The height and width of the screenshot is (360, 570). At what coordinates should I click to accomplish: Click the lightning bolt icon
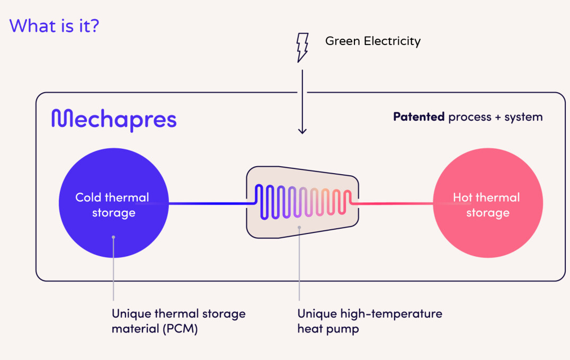point(302,47)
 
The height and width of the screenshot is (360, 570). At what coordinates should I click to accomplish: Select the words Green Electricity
point(372,41)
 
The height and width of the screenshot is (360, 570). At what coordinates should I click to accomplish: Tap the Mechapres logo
point(114,120)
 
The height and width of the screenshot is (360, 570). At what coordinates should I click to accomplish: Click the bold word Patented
point(418,117)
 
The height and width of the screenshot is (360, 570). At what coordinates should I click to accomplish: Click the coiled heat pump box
point(302,202)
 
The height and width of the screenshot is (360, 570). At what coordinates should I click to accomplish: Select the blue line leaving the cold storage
point(209,203)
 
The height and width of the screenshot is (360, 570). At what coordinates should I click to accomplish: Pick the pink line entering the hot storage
point(395,203)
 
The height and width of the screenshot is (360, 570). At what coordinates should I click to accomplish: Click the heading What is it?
point(54,25)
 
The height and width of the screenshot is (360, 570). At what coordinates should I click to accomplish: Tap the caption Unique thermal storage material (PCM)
point(179,321)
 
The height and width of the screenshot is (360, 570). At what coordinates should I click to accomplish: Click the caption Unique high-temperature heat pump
point(369,321)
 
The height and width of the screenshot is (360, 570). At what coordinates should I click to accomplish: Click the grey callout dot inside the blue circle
point(113,237)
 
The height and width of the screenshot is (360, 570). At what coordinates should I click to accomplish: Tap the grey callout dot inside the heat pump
point(299,228)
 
